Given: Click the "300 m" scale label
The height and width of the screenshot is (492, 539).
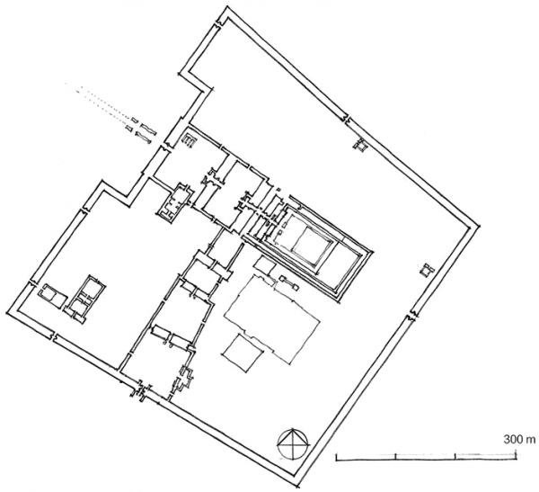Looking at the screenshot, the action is point(519,439).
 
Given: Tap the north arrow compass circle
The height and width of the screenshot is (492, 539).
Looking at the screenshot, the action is point(294,443).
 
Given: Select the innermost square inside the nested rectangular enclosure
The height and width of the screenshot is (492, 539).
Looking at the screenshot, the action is point(312,246).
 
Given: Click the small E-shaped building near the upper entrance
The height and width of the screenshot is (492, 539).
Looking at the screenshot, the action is point(189,140).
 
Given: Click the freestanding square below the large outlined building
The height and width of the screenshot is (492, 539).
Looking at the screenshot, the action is point(243,353).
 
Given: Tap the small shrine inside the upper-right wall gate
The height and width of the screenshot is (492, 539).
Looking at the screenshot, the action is point(360,144).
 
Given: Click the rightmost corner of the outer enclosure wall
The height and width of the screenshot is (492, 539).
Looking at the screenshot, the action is point(479,226).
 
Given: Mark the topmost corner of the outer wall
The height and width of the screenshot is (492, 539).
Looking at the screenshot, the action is point(227,7).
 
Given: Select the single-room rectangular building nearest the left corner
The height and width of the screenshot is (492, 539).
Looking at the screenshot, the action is point(52,296).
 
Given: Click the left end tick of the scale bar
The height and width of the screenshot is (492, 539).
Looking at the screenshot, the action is point(336,457).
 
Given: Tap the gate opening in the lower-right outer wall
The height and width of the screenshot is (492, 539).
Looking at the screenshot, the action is point(411,315).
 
